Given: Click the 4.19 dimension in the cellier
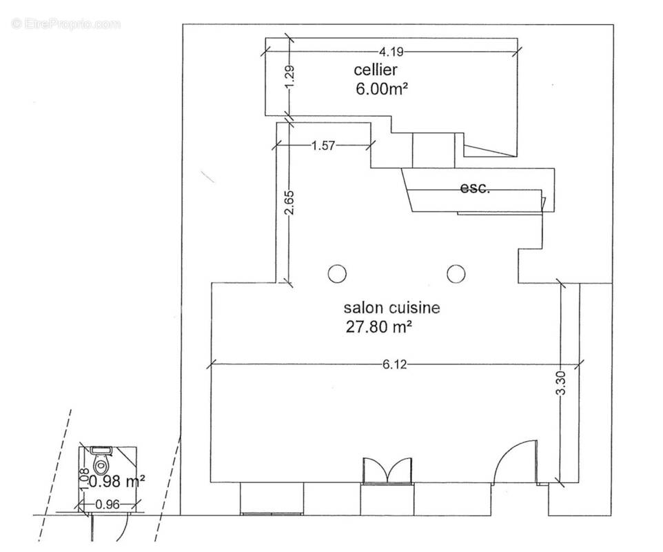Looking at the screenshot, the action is pyautogui.click(x=391, y=52).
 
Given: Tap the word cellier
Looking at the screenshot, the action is pyautogui.click(x=376, y=70).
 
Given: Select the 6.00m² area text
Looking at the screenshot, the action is pyautogui.click(x=382, y=89).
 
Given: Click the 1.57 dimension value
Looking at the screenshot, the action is pyautogui.click(x=323, y=146).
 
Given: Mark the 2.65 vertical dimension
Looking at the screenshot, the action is pyautogui.click(x=289, y=204).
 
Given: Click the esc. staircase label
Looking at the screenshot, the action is pyautogui.click(x=475, y=188).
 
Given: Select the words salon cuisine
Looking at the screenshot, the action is pyautogui.click(x=391, y=307).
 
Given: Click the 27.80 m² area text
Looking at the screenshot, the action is pyautogui.click(x=379, y=327).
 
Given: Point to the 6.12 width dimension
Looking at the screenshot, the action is pyautogui.click(x=394, y=364).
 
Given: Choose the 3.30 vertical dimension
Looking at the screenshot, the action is pyautogui.click(x=561, y=383).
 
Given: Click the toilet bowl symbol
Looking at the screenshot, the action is pyautogui.click(x=101, y=464).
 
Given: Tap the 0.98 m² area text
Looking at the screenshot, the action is pyautogui.click(x=112, y=482).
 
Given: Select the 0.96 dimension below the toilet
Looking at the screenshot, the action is pyautogui.click(x=108, y=504).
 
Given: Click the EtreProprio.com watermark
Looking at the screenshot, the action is pyautogui.click(x=66, y=23).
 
